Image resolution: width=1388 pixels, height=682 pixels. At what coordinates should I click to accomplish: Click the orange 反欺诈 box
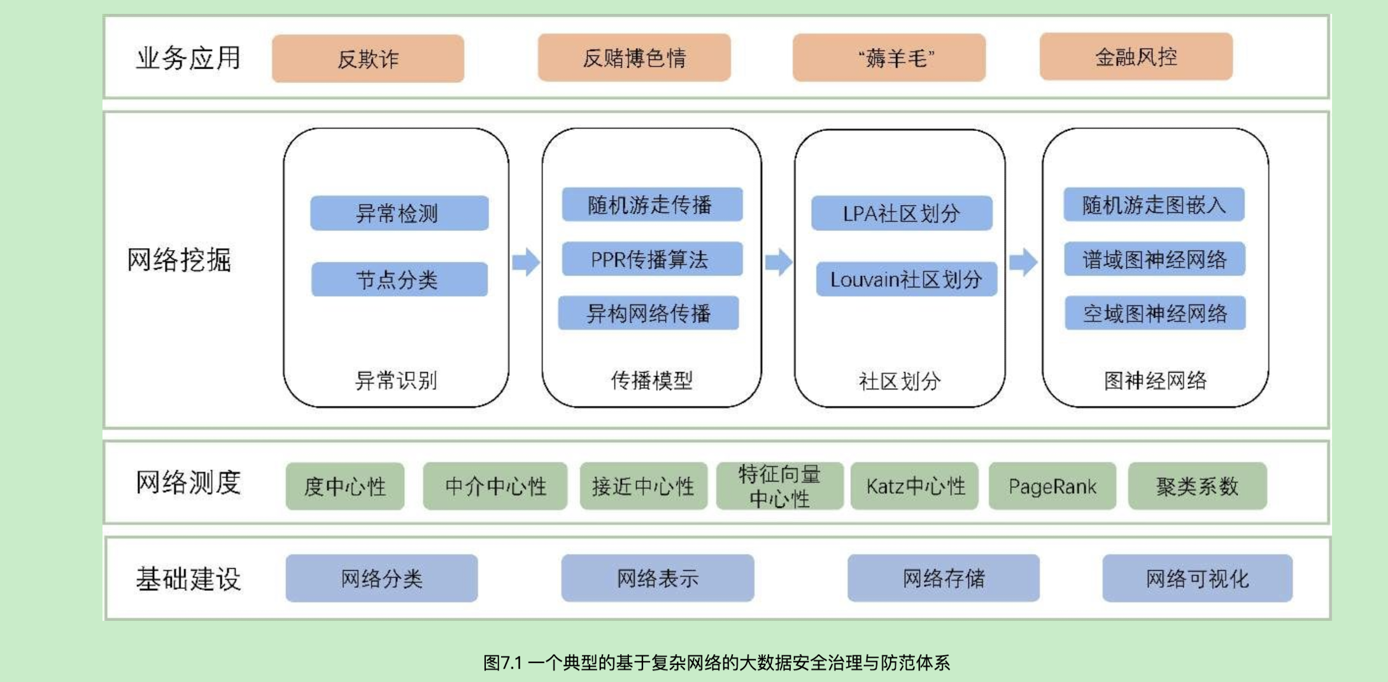point(368,59)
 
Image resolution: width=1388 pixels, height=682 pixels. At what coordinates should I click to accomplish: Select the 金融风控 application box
point(1136,57)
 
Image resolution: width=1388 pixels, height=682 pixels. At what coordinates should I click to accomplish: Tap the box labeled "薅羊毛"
point(889,58)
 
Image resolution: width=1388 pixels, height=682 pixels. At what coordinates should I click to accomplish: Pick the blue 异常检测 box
point(399,213)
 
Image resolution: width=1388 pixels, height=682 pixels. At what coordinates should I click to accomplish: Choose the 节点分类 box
point(399,279)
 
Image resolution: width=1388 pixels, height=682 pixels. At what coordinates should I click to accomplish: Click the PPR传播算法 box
point(652,259)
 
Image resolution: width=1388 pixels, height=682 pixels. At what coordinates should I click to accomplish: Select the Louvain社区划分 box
point(906,279)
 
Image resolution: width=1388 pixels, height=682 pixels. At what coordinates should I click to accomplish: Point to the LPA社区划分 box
point(902,213)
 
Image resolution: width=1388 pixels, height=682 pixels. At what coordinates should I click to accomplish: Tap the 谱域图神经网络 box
point(1154,259)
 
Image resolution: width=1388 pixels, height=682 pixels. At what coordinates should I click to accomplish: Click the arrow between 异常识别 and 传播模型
point(526,261)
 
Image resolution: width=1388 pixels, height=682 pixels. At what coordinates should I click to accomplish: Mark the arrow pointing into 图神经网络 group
point(1023,261)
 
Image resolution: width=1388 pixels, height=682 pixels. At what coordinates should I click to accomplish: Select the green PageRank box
point(1052,487)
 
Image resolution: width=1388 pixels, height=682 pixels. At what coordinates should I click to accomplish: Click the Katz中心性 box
point(914,487)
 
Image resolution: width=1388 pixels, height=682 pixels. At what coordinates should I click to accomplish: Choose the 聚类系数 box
point(1197,487)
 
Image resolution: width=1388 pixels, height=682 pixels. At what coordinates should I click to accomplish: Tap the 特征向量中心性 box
point(779,487)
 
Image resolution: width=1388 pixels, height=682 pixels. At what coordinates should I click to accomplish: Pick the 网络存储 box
point(943,578)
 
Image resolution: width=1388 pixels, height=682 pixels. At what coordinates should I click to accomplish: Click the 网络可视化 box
point(1197,578)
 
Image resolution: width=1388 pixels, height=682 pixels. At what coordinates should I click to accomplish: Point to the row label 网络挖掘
point(180,260)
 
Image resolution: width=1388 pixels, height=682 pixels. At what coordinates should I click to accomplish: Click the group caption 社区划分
point(900,381)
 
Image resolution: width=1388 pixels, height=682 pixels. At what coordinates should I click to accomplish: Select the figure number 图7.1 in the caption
point(502,663)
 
